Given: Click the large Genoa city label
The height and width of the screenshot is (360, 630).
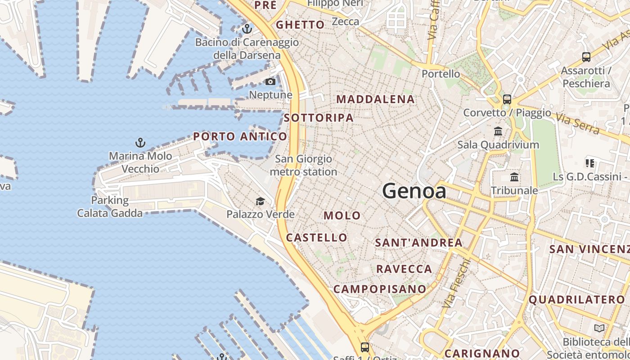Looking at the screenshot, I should point(414,191).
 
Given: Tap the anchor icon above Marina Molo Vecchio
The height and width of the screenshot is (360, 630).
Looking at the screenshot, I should point(140,143).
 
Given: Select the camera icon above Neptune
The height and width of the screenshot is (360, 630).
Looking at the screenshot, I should point(270,81).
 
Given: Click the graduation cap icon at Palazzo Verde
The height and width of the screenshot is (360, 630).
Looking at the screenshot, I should point(260,201).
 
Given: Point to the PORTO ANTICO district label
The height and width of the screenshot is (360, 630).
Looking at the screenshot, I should point(240,136).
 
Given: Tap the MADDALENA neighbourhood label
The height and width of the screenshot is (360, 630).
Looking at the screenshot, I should point(375,99).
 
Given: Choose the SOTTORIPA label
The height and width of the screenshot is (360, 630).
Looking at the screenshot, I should point(319,118).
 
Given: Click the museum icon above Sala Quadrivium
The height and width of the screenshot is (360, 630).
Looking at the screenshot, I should point(498,131).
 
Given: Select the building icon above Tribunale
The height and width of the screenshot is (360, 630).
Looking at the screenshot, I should point(514,177).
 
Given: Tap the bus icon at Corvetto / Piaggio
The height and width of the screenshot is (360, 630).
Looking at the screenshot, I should point(507,99).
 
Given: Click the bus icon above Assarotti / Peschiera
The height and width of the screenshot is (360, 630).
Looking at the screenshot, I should point(586,57).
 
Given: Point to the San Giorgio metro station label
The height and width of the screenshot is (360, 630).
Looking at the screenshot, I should point(303,165).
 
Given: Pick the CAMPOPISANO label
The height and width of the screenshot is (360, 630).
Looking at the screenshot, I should point(380,289).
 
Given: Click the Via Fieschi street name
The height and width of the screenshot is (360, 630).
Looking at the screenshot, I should point(457,283).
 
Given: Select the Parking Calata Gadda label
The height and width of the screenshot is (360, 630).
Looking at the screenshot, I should point(110,207).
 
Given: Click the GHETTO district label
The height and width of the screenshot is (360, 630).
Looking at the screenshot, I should point(300,25).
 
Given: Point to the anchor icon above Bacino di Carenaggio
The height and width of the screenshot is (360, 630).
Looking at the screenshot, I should point(247,29).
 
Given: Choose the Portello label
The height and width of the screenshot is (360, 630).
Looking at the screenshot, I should point(441,74).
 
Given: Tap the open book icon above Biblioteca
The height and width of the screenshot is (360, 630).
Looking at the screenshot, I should point(599,328).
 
